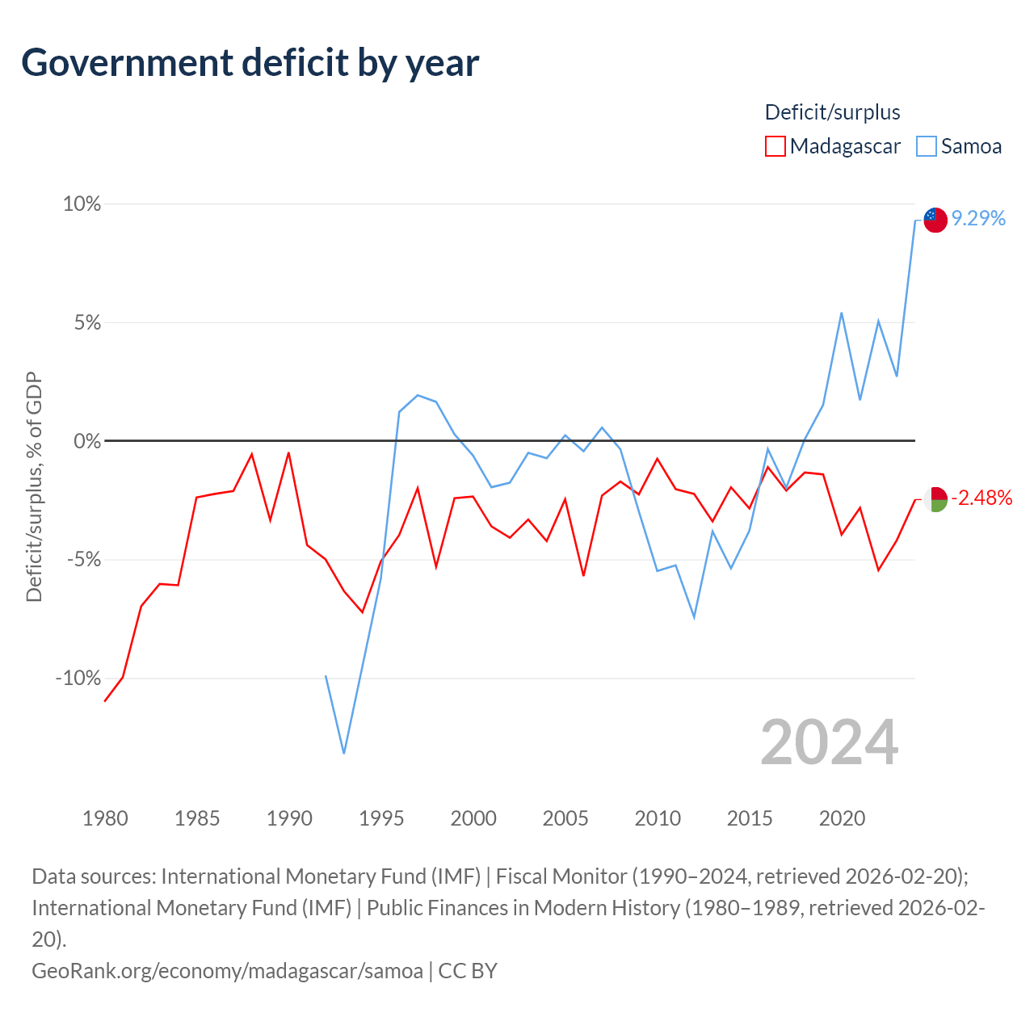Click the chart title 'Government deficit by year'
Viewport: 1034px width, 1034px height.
coord(250,63)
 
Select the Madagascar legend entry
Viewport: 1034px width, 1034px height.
coord(833,146)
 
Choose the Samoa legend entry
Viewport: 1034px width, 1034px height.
coord(960,146)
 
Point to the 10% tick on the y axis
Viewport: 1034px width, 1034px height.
coord(82,204)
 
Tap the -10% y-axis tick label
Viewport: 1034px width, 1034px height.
coord(78,678)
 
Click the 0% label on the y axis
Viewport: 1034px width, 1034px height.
coord(87,441)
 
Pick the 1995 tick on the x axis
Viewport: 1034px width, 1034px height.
coord(381,818)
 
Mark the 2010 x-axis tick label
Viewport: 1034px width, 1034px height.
coord(658,818)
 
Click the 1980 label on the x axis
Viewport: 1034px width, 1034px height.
coord(105,818)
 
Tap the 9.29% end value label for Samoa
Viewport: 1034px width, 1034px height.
coord(978,218)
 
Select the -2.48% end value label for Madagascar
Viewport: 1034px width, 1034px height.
coord(981,498)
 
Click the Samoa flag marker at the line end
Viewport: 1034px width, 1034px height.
coord(935,220)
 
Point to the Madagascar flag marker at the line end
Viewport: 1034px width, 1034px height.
coord(935,499)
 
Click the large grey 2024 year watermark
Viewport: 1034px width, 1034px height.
coord(829,742)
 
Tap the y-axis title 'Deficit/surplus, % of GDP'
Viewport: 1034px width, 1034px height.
coord(34,487)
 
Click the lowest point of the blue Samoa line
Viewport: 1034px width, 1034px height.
coord(344,754)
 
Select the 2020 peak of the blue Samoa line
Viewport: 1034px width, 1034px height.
coord(842,313)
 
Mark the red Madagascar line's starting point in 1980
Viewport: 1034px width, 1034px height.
coord(105,701)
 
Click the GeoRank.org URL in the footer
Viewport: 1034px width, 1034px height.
coord(227,970)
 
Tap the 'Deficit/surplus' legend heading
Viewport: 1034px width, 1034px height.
coord(832,112)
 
